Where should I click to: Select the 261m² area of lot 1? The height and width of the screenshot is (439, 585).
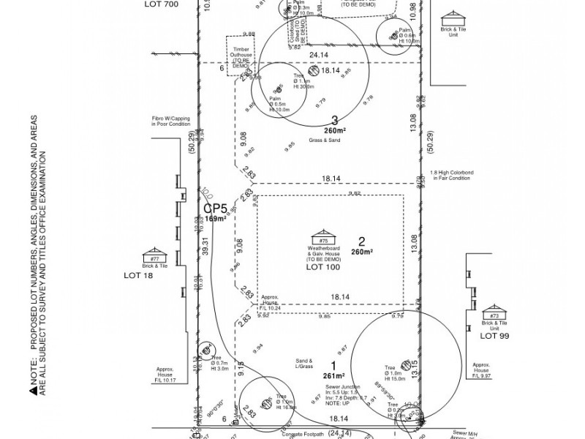[333, 376]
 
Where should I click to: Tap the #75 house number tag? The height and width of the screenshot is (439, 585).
[322, 240]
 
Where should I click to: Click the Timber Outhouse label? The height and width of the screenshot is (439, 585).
[242, 56]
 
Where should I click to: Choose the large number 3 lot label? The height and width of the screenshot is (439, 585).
[334, 121]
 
